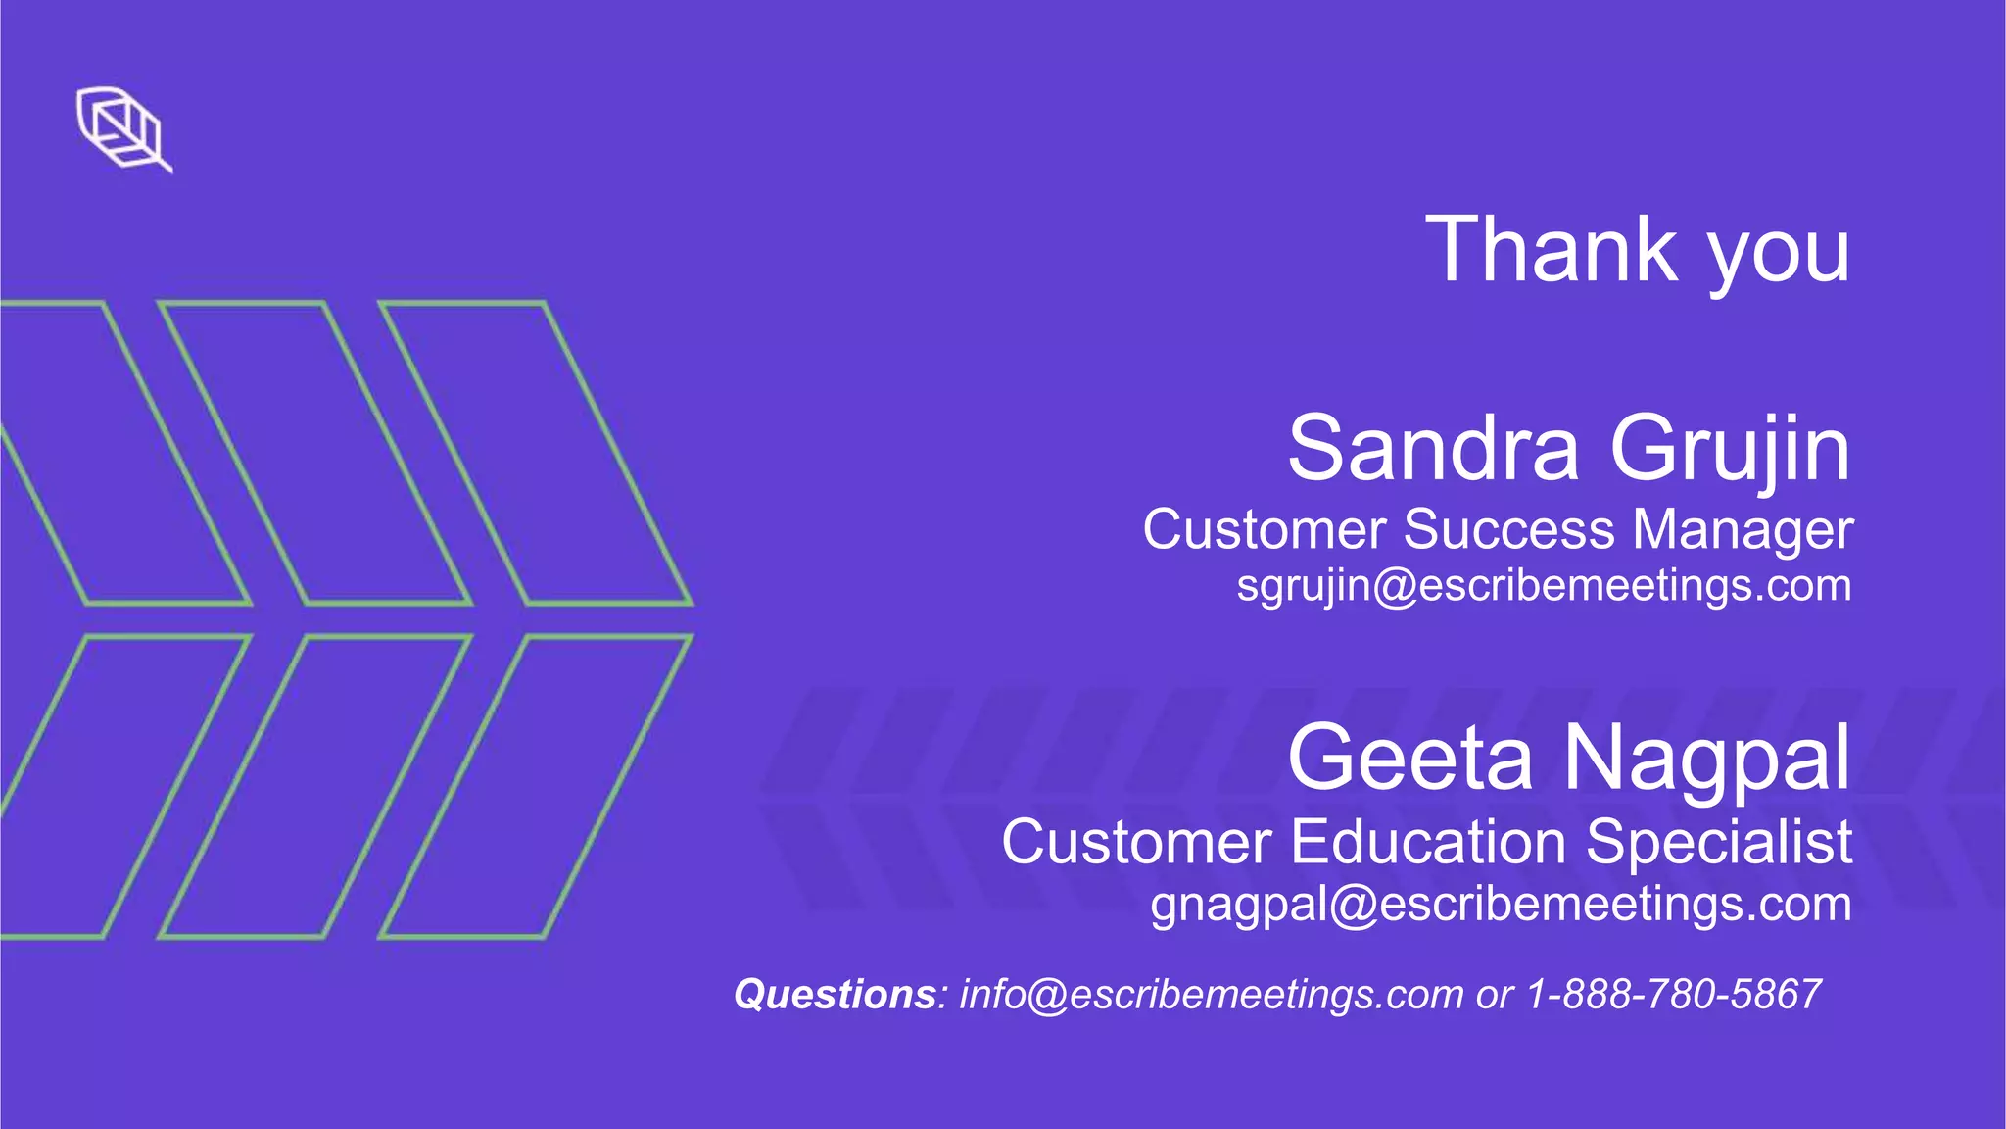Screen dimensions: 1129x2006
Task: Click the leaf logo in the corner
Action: tap(122, 128)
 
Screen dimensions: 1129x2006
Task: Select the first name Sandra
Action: tap(1433, 448)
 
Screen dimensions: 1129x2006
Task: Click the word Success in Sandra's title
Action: tap(1510, 529)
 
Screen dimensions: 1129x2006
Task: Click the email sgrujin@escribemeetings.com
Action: tap(1544, 586)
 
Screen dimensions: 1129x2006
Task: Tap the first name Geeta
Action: tap(1409, 758)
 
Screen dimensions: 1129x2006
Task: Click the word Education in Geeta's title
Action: tap(1429, 842)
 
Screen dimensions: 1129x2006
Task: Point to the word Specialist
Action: tap(1719, 844)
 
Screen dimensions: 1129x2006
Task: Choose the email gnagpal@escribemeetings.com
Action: tap(1501, 905)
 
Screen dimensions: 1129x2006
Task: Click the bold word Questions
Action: tap(836, 995)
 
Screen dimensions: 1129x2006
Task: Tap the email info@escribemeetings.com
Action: tap(1211, 995)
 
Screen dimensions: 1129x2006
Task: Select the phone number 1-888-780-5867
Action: tap(1674, 995)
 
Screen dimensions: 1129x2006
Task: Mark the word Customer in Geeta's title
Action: tap(1136, 842)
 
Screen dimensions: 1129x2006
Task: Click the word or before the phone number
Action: tap(1495, 996)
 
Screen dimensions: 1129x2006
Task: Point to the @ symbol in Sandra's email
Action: tap(1395, 587)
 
